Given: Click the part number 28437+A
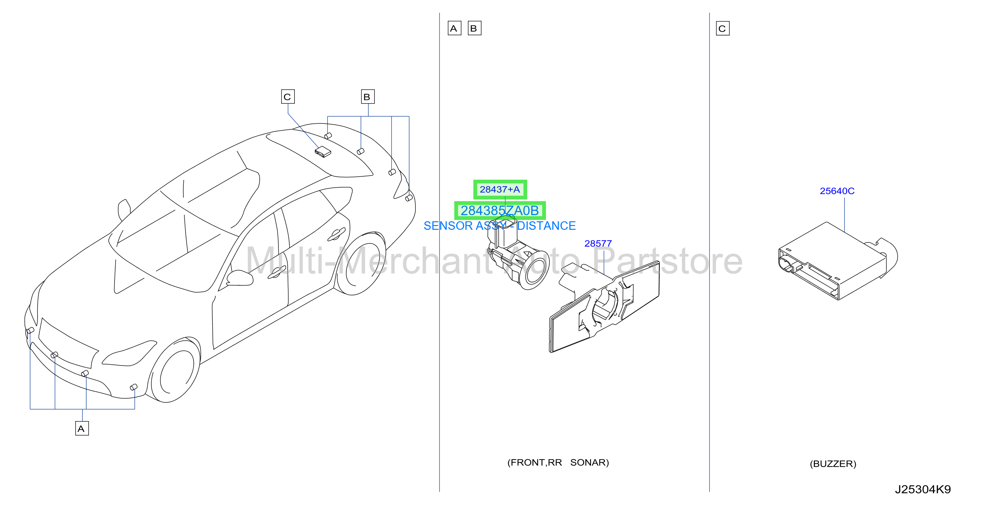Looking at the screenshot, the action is [x=500, y=190].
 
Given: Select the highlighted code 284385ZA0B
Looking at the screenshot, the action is [x=500, y=210].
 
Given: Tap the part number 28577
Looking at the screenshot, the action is [x=598, y=243].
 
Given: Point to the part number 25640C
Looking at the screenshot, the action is [x=837, y=191].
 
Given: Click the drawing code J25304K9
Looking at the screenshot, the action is [x=923, y=490].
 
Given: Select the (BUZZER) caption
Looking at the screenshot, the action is [x=833, y=464].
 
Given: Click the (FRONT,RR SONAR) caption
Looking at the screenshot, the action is [x=558, y=462].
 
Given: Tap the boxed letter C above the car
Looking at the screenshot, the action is [x=288, y=97].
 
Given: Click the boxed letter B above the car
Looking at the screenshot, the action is [x=367, y=97].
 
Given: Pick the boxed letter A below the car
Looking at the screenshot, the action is [x=82, y=428].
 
